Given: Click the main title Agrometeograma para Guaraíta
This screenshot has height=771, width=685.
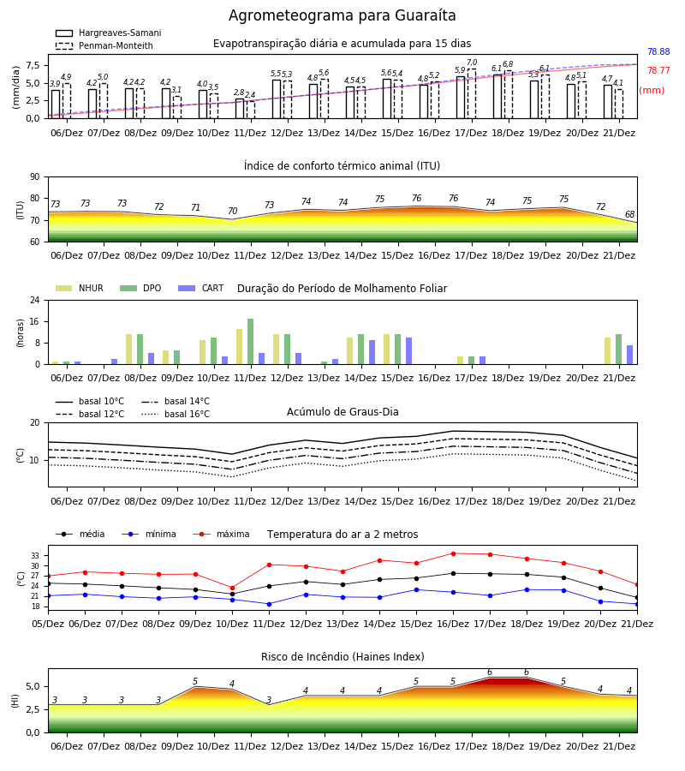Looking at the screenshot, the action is click(x=342, y=15).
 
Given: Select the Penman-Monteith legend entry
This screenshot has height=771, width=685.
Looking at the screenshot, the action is click(x=104, y=45).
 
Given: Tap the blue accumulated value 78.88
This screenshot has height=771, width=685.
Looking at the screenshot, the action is click(x=658, y=51).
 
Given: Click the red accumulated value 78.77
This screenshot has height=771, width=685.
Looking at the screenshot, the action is click(x=658, y=70).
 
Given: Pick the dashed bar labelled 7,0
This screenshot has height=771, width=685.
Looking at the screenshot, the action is click(x=472, y=94).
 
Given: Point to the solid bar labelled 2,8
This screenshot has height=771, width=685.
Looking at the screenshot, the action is click(x=239, y=109).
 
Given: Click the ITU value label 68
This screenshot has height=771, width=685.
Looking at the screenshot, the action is click(x=629, y=214).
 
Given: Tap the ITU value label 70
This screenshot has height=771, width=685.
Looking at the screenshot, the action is click(x=232, y=211).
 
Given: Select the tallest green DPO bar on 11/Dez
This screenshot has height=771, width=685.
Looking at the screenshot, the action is click(x=251, y=342).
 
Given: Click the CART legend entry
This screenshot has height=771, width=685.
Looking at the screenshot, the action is click(x=201, y=288).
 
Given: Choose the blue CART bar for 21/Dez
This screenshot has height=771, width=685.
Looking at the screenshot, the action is click(x=629, y=355).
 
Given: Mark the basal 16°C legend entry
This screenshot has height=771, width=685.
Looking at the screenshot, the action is click(x=176, y=414).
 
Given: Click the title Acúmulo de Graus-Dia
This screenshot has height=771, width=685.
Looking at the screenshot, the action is click(x=342, y=411).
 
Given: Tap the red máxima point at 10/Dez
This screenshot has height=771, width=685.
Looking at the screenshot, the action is click(x=232, y=588).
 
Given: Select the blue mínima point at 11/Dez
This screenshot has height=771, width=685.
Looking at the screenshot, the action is click(x=269, y=604).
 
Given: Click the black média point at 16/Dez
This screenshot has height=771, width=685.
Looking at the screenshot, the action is click(x=453, y=574).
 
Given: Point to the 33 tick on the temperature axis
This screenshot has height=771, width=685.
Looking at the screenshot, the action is click(x=35, y=556).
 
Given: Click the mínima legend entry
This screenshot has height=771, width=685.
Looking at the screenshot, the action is click(x=149, y=534).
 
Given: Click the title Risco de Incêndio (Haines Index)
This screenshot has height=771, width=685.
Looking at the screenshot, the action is click(x=342, y=657).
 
